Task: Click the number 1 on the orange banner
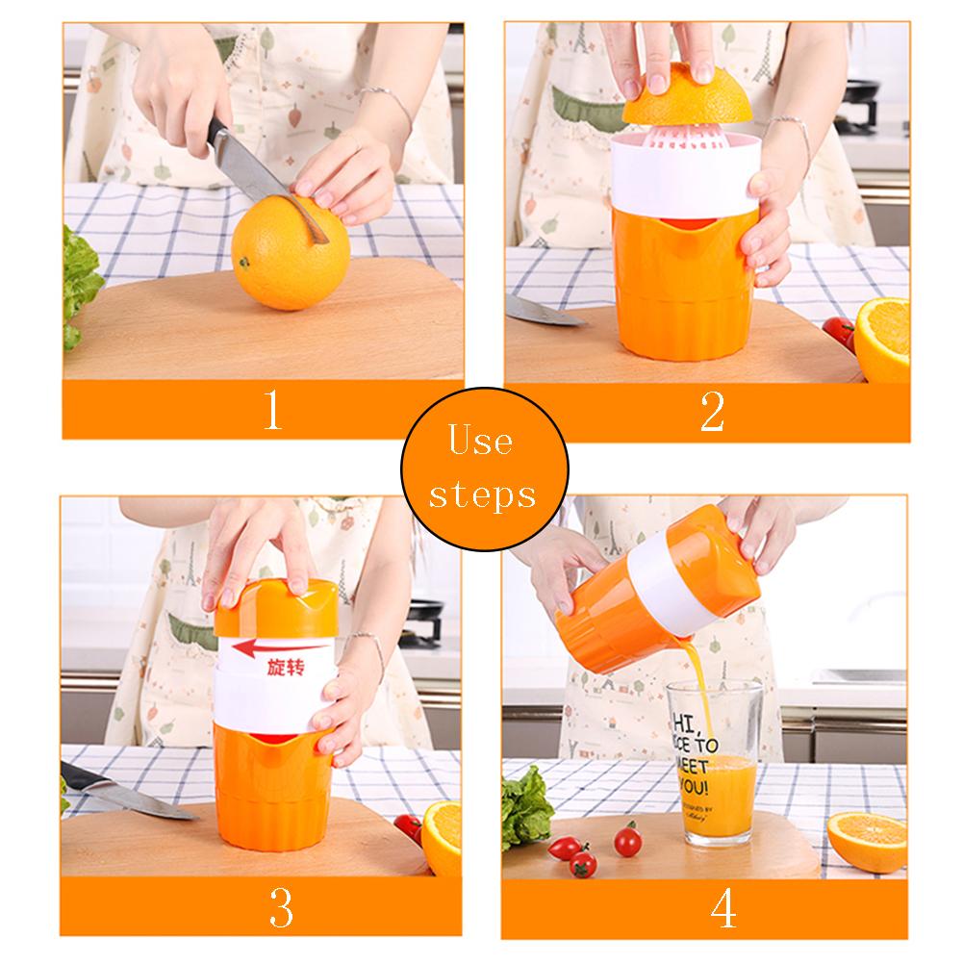273,411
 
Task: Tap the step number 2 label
711,411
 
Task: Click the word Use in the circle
481,442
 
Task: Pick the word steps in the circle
482,494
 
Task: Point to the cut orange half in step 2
881,337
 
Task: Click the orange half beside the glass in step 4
865,839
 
